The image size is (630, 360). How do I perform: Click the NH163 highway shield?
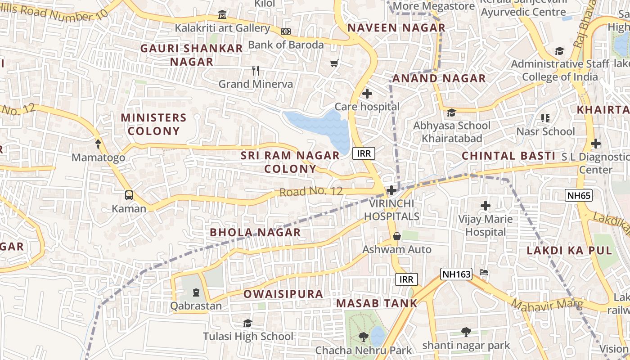pos(456,274)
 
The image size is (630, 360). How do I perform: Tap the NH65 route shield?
pos(578,195)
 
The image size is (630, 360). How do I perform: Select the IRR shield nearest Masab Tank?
pos(406,279)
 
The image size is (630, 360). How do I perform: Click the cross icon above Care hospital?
pos(367,94)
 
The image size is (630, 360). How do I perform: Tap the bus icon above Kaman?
pos(129,195)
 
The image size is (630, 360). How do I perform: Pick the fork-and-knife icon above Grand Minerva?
pos(256,71)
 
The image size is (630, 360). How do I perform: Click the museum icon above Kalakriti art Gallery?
pos(222,15)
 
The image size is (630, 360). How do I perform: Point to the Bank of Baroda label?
pos(286,45)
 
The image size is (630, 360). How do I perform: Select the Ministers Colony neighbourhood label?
pos(153,124)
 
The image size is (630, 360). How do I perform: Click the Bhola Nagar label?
pos(255,232)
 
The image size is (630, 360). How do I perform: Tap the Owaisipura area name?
pos(283,294)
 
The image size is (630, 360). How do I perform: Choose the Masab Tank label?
pos(377,303)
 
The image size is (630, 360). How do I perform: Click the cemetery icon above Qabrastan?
pos(196,293)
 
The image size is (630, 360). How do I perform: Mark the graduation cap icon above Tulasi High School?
pos(247,324)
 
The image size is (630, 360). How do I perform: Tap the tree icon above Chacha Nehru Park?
pos(363,337)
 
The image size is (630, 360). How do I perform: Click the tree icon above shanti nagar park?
pos(466,333)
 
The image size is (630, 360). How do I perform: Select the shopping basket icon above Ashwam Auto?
pos(397,236)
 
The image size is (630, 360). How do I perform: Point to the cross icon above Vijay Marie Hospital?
pos(485,206)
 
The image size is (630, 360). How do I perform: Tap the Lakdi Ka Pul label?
pos(569,251)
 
